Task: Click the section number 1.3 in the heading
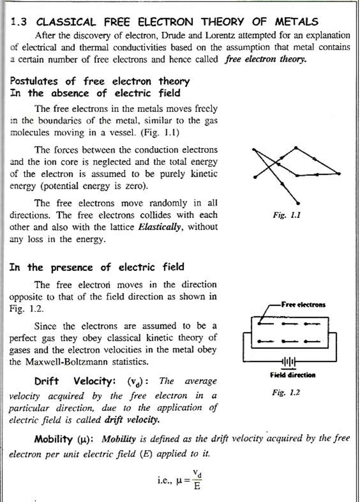[19, 22]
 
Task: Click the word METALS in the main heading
[296, 22]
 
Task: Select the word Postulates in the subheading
[34, 81]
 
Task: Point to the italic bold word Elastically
[160, 227]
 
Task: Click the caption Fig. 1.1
[286, 215]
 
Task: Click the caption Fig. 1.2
[286, 392]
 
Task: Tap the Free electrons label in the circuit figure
[303, 304]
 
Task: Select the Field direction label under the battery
[292, 375]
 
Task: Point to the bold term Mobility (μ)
[64, 439]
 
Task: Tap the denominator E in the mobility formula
[197, 486]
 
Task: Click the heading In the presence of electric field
[97, 267]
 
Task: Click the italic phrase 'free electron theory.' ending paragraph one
[266, 59]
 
